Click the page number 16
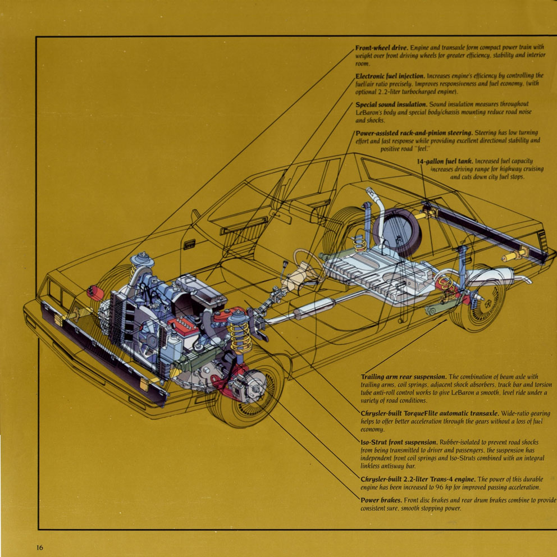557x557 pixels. coord(39,547)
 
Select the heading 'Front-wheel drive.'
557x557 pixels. coord(381,48)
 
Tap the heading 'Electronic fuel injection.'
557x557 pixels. coord(390,76)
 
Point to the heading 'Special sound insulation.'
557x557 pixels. coord(391,104)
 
